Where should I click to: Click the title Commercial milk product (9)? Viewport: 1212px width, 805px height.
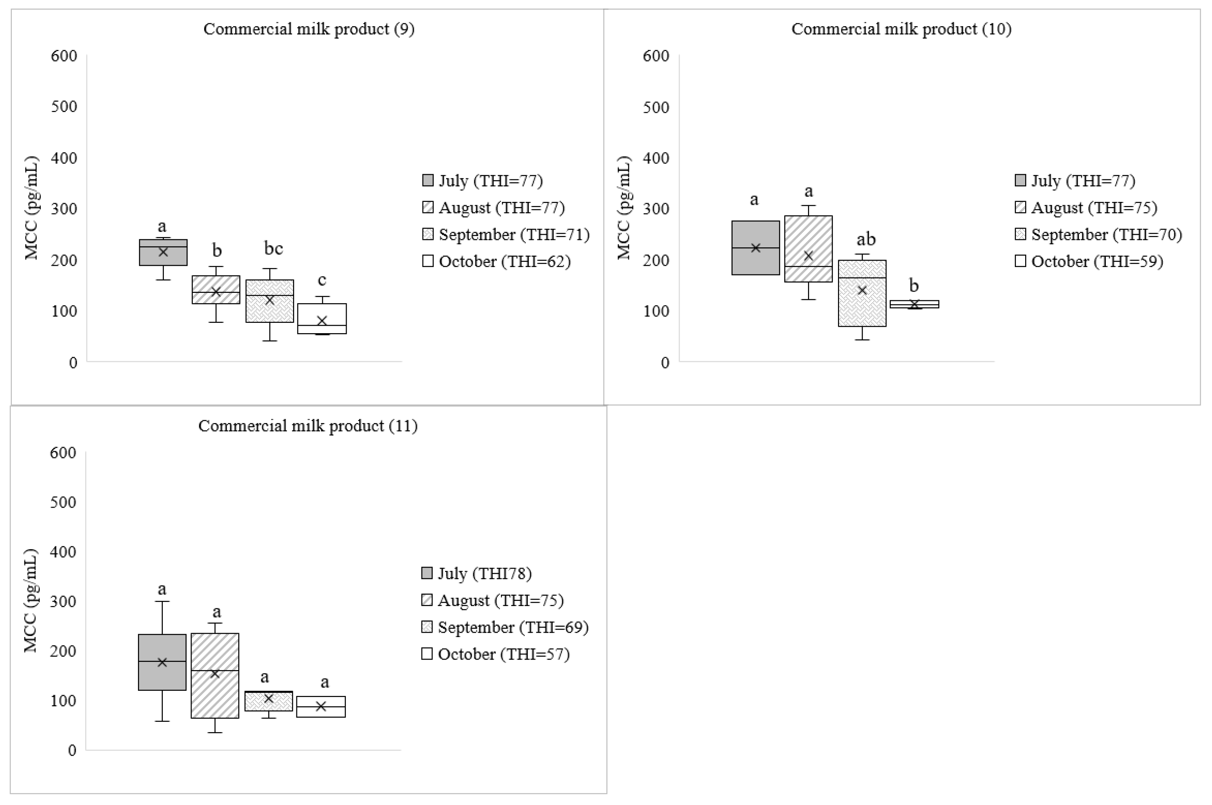[x=309, y=29]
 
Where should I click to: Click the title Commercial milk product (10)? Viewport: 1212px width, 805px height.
[x=901, y=29]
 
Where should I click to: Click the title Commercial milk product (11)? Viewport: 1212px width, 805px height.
[x=307, y=426]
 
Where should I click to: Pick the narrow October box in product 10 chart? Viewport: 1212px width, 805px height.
[x=914, y=304]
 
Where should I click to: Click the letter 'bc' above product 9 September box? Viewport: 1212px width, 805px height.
[x=273, y=248]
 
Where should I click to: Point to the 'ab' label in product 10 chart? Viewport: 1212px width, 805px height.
[x=866, y=239]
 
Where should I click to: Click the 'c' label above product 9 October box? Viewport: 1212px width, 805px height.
[x=322, y=280]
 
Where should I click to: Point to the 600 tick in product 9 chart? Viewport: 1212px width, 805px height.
[x=64, y=55]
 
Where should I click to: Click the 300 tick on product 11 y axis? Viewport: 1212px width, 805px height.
[x=63, y=601]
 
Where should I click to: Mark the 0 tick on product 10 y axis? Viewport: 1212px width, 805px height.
[x=664, y=363]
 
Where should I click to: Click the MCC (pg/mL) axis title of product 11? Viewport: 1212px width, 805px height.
[x=31, y=601]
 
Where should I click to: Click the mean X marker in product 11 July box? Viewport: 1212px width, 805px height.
[x=162, y=662]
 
